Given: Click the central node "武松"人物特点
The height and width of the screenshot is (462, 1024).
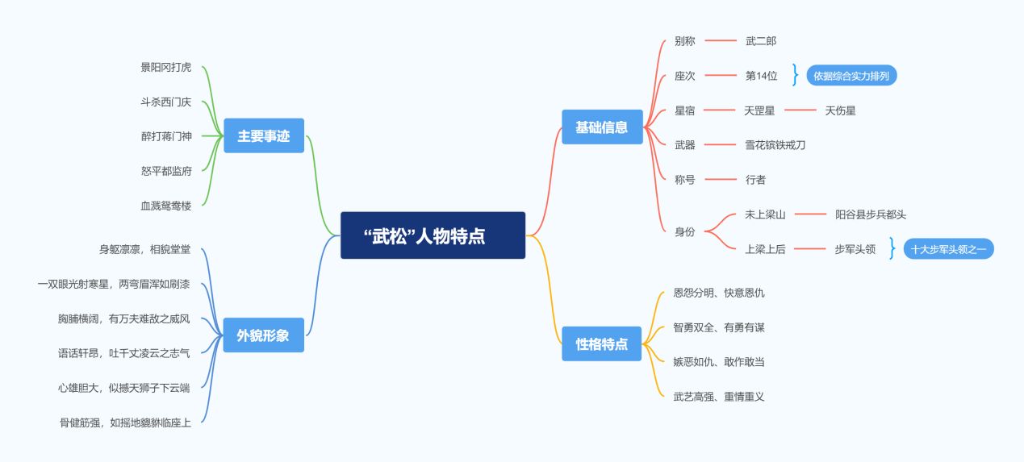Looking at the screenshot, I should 433,235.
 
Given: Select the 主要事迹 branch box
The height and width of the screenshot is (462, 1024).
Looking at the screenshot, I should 264,135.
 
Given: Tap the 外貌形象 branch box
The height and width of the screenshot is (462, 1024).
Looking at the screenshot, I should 264,335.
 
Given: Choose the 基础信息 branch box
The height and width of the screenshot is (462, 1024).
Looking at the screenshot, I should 602,127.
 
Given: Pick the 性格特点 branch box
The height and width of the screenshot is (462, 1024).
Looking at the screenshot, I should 602,343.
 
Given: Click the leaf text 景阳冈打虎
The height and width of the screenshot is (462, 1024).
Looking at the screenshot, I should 166,68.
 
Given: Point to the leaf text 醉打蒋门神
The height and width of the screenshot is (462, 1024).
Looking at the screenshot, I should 166,136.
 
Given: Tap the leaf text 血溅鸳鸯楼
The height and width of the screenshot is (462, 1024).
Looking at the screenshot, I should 166,206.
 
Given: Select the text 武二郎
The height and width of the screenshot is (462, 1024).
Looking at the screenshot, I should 761,41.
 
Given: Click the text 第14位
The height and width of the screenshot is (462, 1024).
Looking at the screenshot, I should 761,76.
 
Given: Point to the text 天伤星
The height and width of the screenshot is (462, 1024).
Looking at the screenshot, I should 840,110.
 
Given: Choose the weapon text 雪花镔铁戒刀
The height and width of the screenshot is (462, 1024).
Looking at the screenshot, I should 775,145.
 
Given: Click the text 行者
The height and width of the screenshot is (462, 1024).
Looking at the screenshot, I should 755,180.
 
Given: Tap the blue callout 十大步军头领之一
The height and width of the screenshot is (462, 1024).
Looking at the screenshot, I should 948,249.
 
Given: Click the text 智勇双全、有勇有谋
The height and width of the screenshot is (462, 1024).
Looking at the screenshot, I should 719,327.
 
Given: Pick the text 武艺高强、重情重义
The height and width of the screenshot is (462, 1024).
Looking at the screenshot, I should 719,397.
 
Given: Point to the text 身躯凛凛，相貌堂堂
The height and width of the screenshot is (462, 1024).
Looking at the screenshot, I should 145,249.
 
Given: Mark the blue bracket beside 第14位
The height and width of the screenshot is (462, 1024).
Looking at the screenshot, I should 796,75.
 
